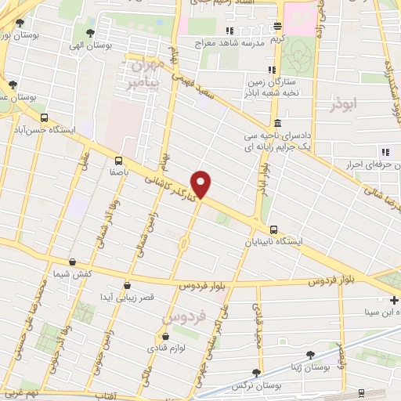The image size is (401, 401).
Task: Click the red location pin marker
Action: (x=202, y=184)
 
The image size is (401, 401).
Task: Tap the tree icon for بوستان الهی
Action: (x=91, y=33)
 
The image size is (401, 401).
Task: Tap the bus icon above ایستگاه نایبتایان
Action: (x=273, y=229)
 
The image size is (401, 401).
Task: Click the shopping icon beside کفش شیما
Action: (x=72, y=262)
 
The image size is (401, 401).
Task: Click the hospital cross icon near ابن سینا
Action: (x=394, y=300)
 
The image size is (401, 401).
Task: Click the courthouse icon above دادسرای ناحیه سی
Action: (x=278, y=123)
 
